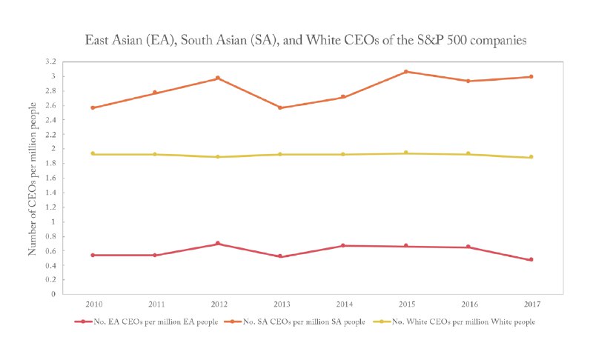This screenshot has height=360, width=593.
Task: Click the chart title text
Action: pos(296,41)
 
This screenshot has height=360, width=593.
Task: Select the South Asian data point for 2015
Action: pos(405,72)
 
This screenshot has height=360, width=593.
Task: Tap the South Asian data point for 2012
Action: pos(218,78)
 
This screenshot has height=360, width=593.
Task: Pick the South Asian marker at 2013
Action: pos(280,107)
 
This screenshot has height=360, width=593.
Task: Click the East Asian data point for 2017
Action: pos(531,259)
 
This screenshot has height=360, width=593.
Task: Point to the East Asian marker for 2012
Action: pos(218,243)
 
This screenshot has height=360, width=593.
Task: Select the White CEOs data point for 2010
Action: pos(92,153)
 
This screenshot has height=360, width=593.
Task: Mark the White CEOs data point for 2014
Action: pos(343,154)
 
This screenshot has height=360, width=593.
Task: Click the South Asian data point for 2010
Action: pos(92,107)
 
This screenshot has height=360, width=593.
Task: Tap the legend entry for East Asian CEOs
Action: pos(142,321)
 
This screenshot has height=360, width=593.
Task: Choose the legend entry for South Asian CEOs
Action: pos(296,321)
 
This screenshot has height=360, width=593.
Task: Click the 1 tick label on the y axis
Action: pos(52,221)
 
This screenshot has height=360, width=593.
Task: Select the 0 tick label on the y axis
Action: pos(52,294)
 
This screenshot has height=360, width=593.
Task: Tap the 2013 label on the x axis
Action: pos(280,303)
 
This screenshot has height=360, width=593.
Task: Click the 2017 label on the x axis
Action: pos(531,303)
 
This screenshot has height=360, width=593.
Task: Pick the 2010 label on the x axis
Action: pos(92,303)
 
